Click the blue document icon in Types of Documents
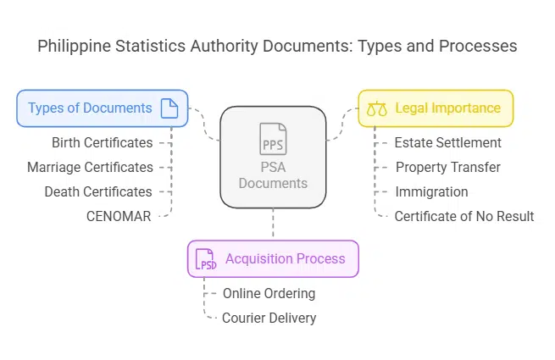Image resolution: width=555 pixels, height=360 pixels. coord(169,108)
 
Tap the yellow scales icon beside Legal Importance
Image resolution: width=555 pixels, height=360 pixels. coord(377,108)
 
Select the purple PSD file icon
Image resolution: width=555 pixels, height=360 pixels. coord(206,259)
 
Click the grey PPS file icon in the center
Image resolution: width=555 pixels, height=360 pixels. coord(273,139)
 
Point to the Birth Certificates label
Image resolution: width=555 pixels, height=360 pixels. coord(103,142)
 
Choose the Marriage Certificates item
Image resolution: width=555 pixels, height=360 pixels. coord(91,167)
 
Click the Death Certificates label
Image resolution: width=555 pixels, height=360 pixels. coord(98,191)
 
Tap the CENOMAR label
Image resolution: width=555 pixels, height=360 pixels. coord(119,216)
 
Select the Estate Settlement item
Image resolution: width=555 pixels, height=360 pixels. coord(447,142)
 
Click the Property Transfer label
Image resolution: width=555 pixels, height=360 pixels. coord(448,167)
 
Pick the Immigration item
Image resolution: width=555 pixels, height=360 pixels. coord(431,191)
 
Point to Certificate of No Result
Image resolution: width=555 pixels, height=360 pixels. coord(464,216)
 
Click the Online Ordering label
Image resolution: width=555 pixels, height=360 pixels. coord(269,293)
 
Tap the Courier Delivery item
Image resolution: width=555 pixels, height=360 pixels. coord(269,318)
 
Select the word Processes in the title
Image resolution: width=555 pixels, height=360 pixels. coord(478,46)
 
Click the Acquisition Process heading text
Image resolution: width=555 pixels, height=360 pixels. coord(286,258)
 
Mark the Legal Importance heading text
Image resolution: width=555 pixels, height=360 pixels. coord(447,108)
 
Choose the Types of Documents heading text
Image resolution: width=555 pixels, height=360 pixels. coord(90,108)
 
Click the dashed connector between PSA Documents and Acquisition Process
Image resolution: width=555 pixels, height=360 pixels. coord(273,223)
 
